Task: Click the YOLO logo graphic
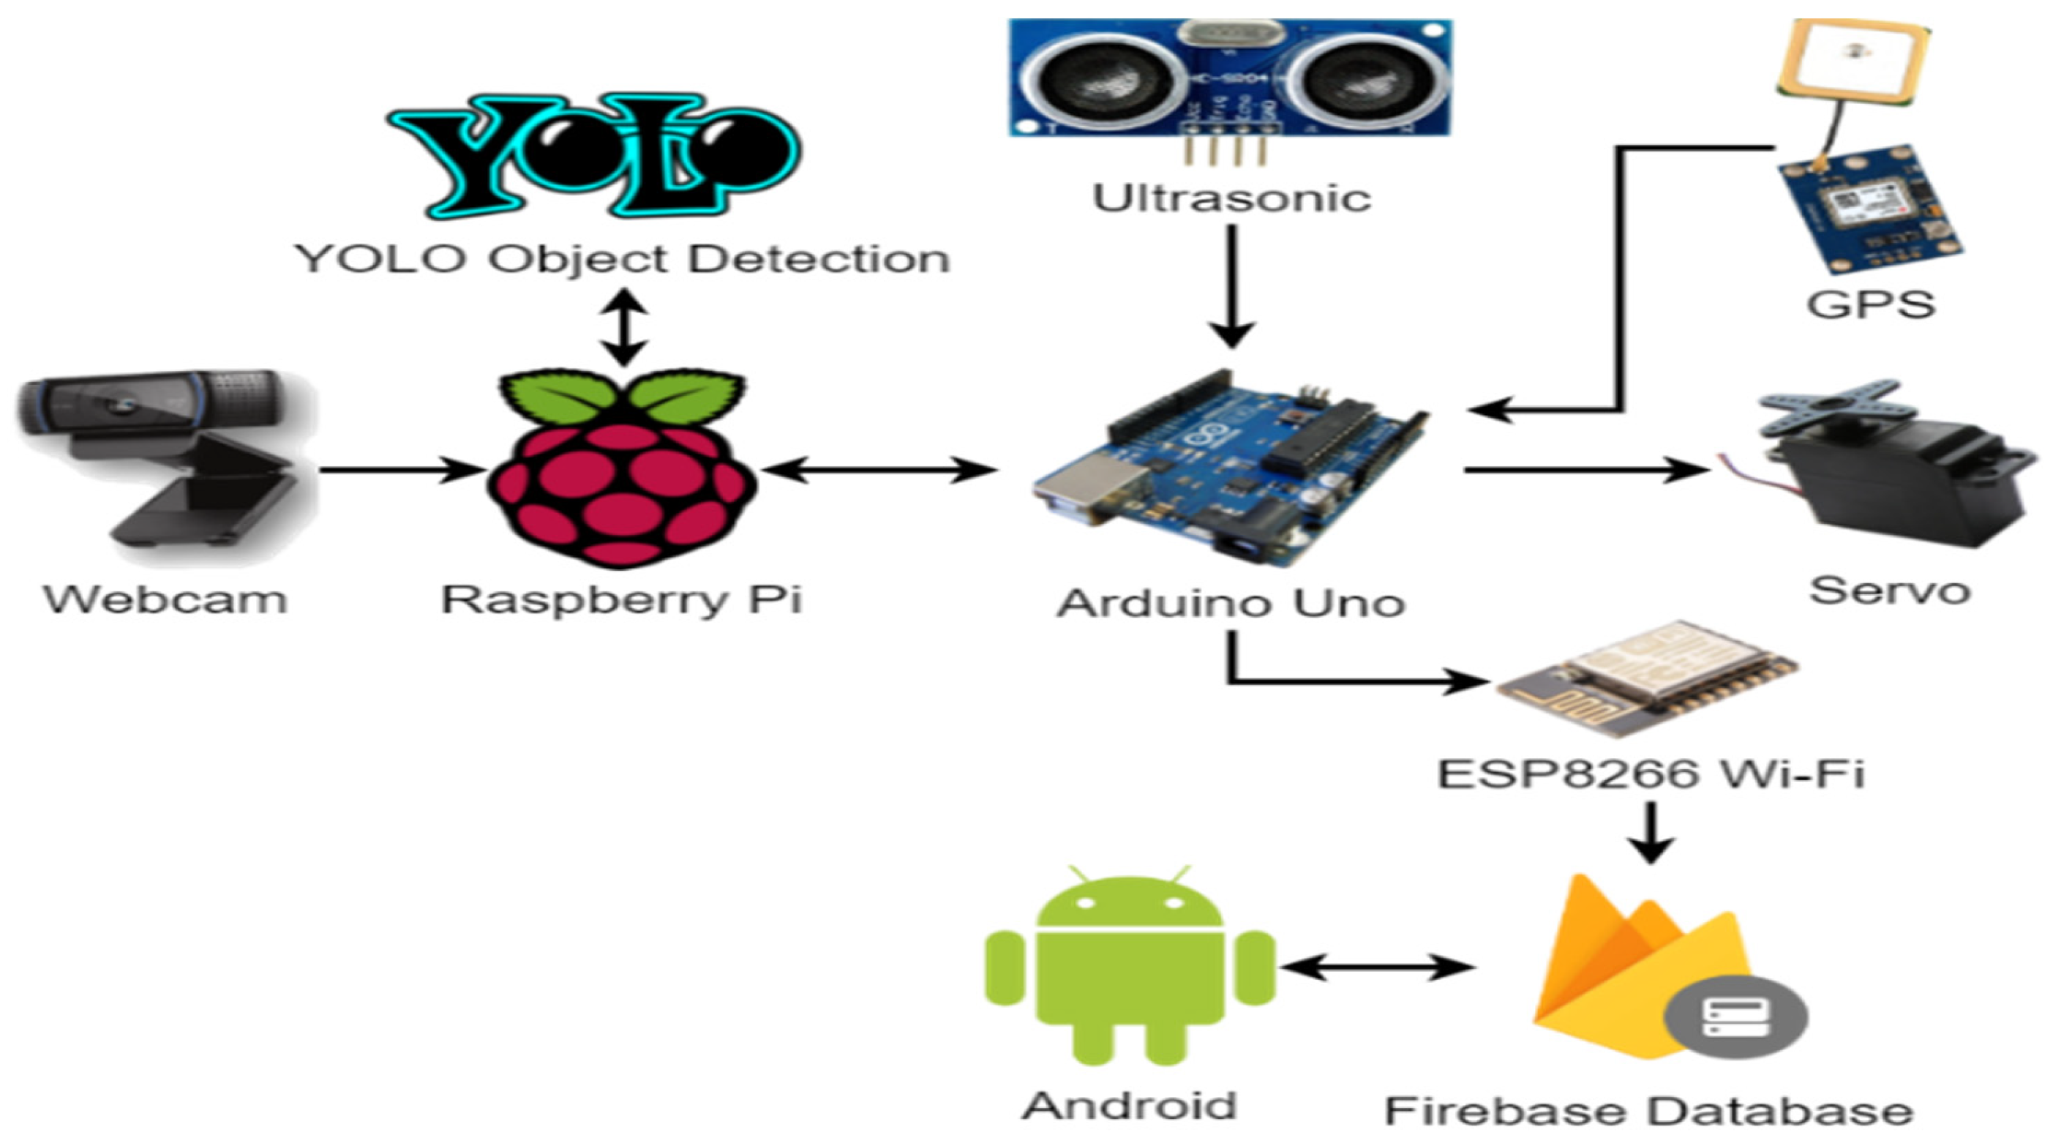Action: click(x=594, y=155)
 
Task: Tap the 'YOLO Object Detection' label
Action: click(x=623, y=259)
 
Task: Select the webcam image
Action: click(x=163, y=458)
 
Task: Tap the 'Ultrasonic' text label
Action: click(x=1231, y=198)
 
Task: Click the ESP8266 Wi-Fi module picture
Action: click(x=1645, y=678)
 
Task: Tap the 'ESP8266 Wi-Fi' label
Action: click(x=1650, y=773)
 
